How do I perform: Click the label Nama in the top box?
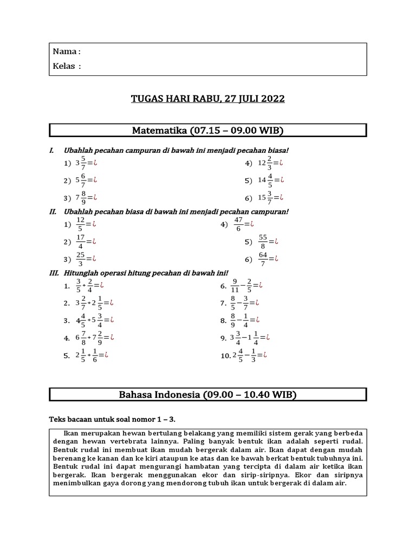pyautogui.click(x=66, y=52)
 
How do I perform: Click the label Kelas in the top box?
pyautogui.click(x=67, y=66)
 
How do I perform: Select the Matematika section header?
pyautogui.click(x=207, y=130)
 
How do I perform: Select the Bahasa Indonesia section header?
pyautogui.click(x=207, y=395)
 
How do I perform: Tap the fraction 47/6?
pyautogui.click(x=239, y=224)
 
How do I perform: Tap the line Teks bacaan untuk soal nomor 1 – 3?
pyautogui.click(x=112, y=419)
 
